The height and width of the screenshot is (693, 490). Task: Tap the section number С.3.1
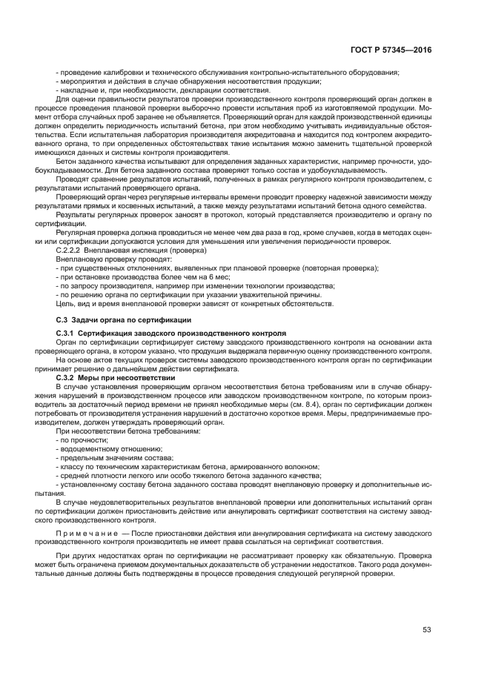68,335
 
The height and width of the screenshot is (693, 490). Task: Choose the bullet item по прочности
83,440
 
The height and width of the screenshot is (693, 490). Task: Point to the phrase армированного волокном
282,467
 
